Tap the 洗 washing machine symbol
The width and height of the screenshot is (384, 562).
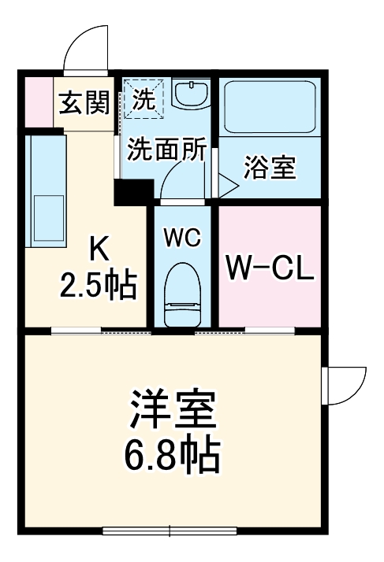144,98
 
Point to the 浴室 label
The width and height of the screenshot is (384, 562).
269,168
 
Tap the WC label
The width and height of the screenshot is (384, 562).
182,237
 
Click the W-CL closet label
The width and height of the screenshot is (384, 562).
270,268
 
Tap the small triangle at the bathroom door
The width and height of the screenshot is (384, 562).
226,187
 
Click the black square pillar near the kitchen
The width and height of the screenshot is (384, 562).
132,192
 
